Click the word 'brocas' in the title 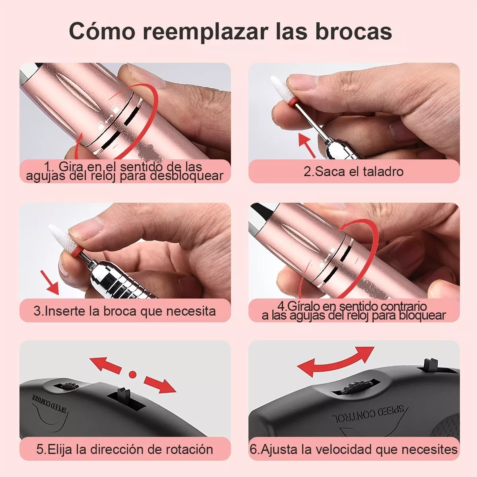pyautogui.click(x=353, y=31)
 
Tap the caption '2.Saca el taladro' pyautogui.click(x=353, y=172)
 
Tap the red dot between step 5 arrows pyautogui.click(x=133, y=374)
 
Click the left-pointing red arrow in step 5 pyautogui.click(x=105, y=364)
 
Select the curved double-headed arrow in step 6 pyautogui.click(x=336, y=361)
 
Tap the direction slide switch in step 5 pyautogui.click(x=123, y=395)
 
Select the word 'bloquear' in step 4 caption pyautogui.click(x=422, y=316)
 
